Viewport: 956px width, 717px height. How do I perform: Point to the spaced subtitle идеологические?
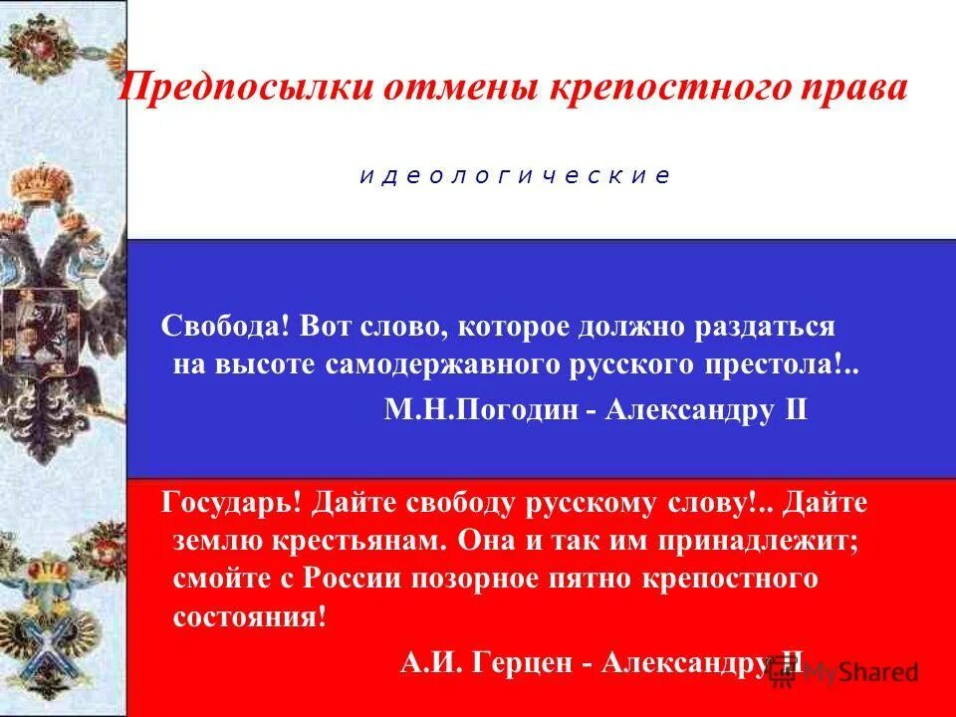coord(515,176)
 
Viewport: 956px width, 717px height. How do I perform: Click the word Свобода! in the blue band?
coord(225,327)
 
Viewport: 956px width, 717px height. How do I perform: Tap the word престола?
coord(793,364)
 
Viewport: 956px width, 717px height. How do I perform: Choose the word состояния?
coord(249,615)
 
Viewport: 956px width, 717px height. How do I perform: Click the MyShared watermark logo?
coord(844,672)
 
